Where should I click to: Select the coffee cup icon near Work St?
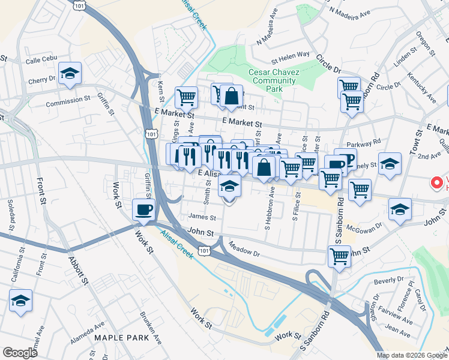[x=143, y=210]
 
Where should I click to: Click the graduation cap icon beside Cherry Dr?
[x=70, y=74]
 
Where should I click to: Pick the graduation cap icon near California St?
[x=21, y=301]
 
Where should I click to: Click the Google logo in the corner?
[x=19, y=353]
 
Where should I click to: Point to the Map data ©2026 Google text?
[x=412, y=355]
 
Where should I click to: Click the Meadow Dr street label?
[x=244, y=250]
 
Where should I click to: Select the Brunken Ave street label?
[x=150, y=326]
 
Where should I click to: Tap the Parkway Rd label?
[x=368, y=142]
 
